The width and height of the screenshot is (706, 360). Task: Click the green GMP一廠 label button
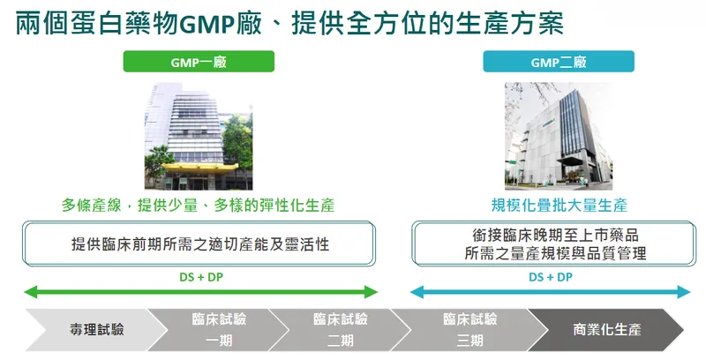point(199,62)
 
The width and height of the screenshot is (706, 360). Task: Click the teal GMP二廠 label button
point(559,62)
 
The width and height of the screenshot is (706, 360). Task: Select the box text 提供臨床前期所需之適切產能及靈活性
point(200,244)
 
